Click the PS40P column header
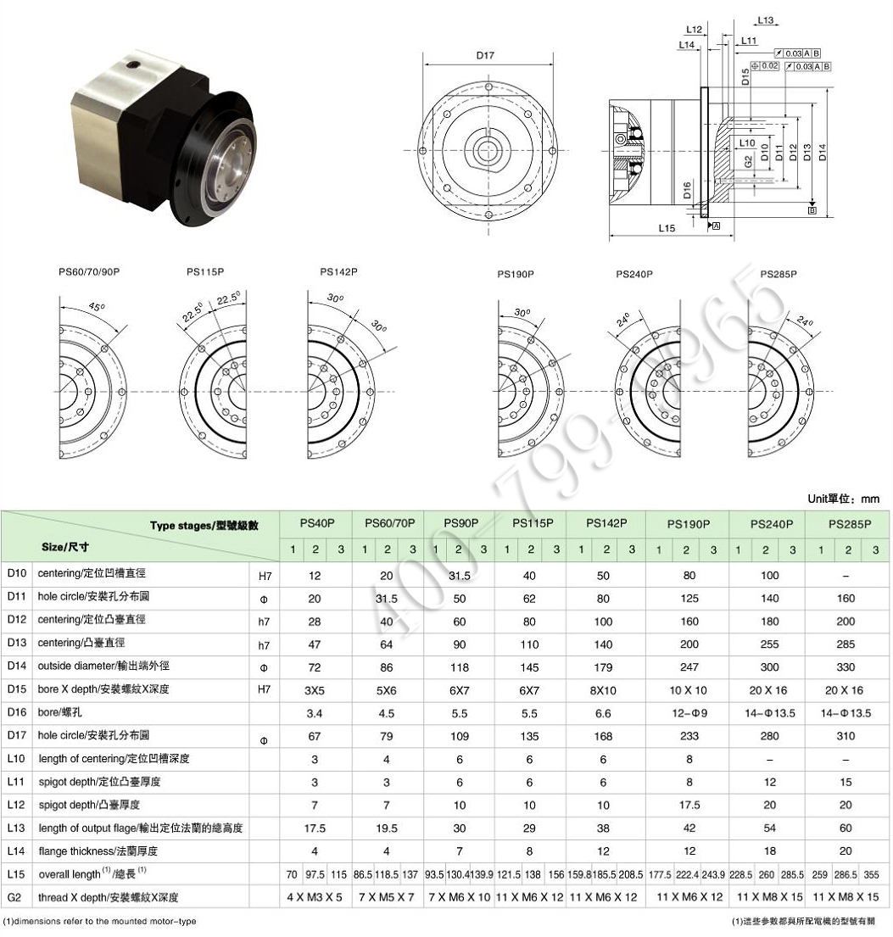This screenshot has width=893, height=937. point(315,524)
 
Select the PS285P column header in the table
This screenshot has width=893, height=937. point(849,524)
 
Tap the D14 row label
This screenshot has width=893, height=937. point(16,666)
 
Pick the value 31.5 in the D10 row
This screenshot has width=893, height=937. point(459,576)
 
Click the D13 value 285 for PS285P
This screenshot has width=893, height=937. point(846,644)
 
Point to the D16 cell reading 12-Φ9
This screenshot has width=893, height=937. point(689,713)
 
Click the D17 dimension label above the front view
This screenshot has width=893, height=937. point(485,56)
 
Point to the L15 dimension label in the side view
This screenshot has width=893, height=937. point(666,228)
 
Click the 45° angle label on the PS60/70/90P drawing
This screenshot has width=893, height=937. point(98,308)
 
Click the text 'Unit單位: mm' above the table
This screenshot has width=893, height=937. point(843,499)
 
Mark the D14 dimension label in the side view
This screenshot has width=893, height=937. point(823,150)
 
